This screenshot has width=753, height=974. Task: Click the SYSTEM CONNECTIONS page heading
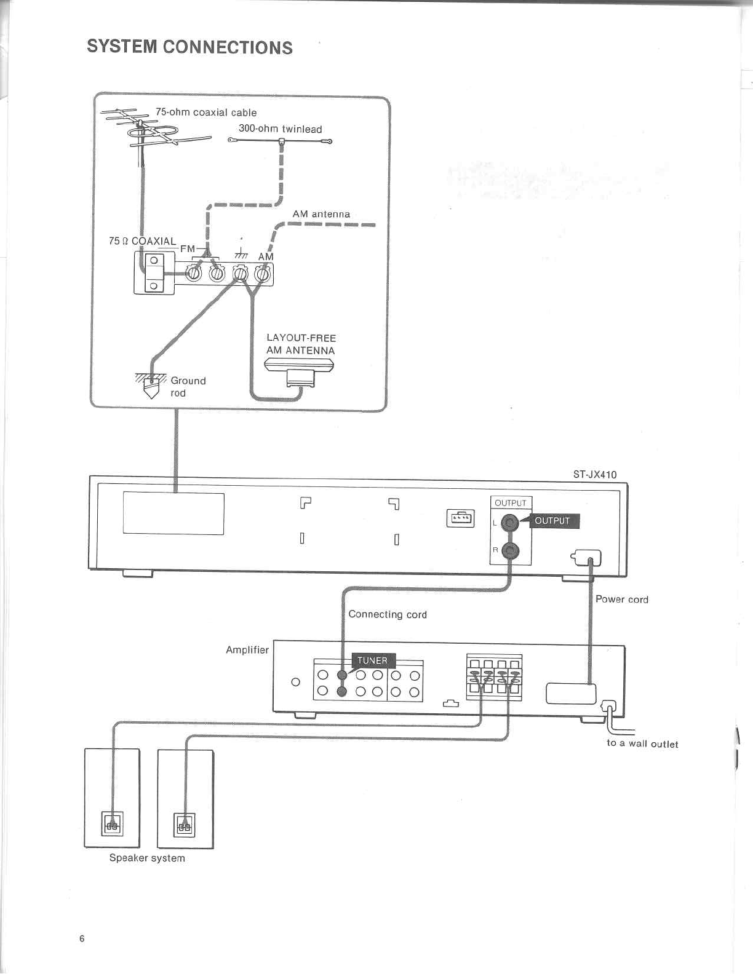coord(189,47)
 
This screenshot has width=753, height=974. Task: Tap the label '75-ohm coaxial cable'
coord(205,113)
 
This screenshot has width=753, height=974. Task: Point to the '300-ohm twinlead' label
coord(280,129)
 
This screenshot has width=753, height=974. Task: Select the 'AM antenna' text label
coord(321,214)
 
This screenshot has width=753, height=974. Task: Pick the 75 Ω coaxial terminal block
coord(154,272)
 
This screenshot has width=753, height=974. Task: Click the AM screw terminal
coord(263,273)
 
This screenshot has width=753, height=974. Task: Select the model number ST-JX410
coord(594,474)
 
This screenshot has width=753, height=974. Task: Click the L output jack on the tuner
coord(510,523)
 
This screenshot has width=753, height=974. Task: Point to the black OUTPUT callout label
coord(552,521)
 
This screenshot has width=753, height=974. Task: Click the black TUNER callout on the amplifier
coord(372,660)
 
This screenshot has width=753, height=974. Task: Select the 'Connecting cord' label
coord(388,614)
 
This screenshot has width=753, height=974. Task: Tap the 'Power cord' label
coord(621,600)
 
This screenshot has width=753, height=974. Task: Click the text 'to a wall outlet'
coord(642,744)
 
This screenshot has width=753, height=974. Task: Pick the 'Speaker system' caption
coord(147,858)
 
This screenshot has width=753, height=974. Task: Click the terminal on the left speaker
coord(112,824)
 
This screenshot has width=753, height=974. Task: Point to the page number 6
coord(82,938)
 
